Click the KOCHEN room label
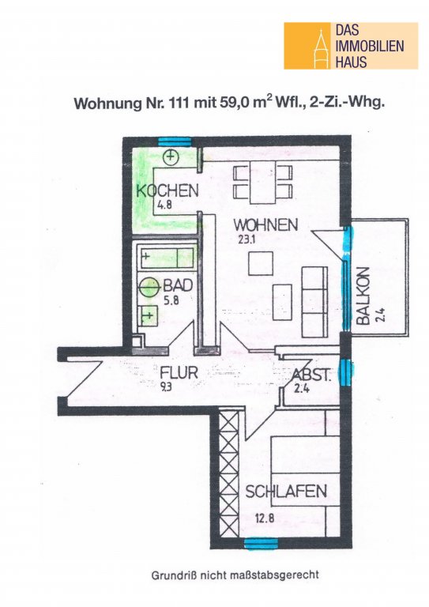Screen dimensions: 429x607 pos(167,190)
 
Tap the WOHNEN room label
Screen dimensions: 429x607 pos(265,224)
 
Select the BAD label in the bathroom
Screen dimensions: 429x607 pos(178,285)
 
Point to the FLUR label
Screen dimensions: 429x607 pos(179,372)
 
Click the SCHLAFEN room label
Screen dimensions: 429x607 pos(286,492)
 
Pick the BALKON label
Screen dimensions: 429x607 pos(363,296)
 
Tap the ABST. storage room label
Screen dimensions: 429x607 pos(311,375)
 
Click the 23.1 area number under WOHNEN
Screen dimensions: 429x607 pos(246,239)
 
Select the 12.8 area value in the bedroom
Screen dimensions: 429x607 pos(265,518)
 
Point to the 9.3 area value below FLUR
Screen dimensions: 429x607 pos(166,386)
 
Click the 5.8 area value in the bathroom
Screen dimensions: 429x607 pos(171,300)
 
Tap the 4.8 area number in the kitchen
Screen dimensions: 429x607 pos(164,205)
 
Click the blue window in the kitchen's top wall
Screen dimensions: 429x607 pos(175,141)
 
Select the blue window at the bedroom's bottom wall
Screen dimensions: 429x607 pos(262,544)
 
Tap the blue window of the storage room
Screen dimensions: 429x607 pos(345,372)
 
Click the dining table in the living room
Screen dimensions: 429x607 pos(263,182)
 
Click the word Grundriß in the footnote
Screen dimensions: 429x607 pos(169,575)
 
